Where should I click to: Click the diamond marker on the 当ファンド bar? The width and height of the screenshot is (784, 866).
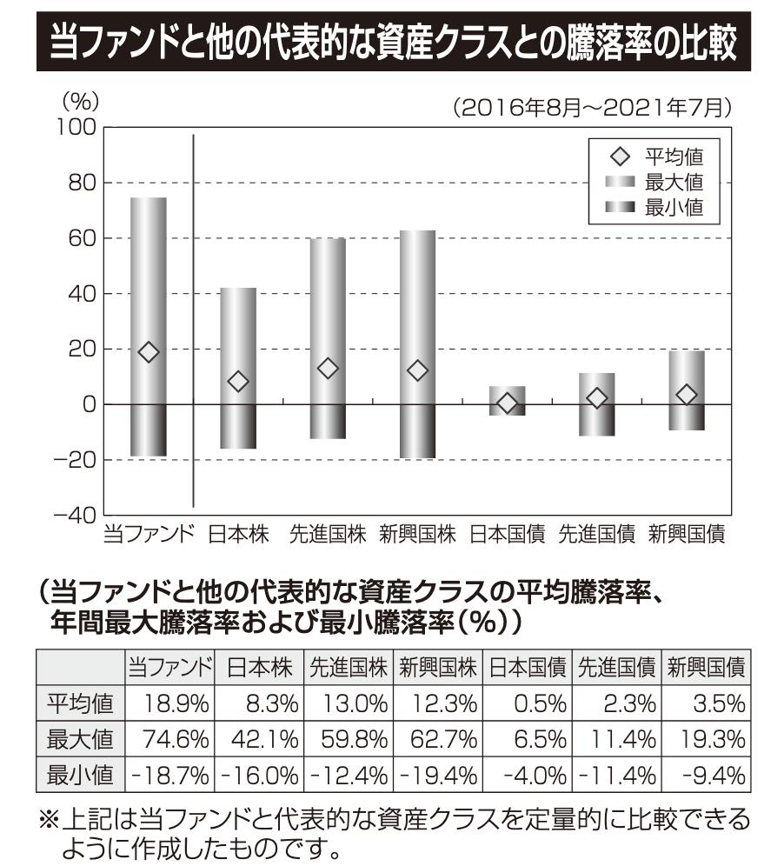[x=149, y=351]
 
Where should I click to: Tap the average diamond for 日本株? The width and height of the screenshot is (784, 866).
[x=238, y=381]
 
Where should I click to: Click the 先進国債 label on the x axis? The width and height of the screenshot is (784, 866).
[x=596, y=533]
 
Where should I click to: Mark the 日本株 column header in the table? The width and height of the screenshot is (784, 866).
[x=259, y=668]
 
